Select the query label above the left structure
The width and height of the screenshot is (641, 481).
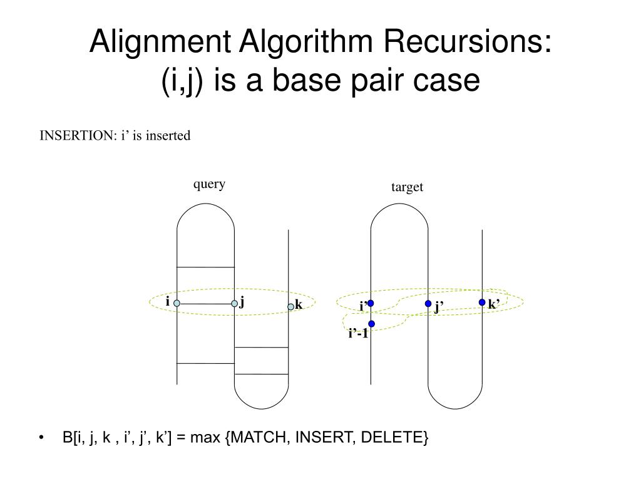(209, 184)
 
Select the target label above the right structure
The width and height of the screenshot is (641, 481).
(408, 187)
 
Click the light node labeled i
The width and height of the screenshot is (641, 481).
(177, 303)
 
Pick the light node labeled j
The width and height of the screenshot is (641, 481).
(235, 304)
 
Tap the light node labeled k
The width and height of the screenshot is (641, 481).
(290, 306)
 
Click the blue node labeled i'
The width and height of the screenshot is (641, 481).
(371, 303)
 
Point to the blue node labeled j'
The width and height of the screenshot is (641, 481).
(428, 304)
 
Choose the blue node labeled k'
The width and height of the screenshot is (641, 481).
(482, 302)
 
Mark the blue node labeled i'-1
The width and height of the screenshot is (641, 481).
(371, 324)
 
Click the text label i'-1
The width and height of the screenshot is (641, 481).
(358, 334)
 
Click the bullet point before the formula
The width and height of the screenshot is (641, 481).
(41, 437)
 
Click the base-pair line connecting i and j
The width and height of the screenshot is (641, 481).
(206, 304)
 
